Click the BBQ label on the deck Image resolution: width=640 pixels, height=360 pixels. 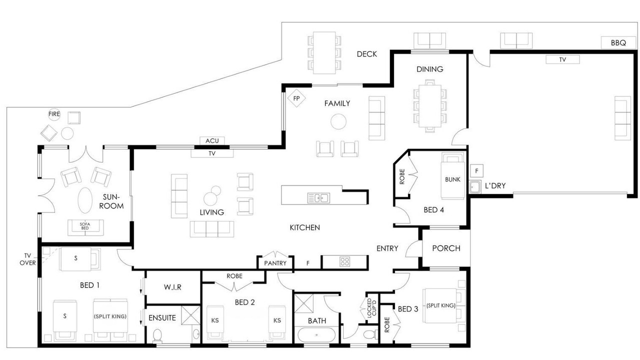[x=618, y=43]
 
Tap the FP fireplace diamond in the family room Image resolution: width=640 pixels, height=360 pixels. [x=296, y=98]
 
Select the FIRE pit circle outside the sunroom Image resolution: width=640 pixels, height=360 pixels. [x=54, y=114]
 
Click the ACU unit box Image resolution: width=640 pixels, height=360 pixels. [x=212, y=140]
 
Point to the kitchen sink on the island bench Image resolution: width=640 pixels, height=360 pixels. [x=318, y=197]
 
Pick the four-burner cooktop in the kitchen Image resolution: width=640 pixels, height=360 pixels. [x=345, y=261]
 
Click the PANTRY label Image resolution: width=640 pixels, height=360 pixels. [x=275, y=263]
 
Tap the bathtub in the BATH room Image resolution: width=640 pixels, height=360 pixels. [x=316, y=335]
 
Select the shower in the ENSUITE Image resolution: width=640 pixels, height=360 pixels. [x=191, y=315]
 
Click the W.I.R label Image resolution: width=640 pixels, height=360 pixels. [x=172, y=287]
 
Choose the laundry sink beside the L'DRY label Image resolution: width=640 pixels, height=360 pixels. [x=475, y=187]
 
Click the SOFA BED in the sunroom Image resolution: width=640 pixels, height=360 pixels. [x=85, y=227]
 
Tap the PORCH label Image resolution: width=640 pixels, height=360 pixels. [x=446, y=248]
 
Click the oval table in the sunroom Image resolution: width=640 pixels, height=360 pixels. [x=85, y=200]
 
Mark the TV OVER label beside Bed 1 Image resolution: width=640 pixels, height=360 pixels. [x=27, y=259]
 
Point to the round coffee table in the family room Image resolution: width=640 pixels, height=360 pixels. [x=338, y=121]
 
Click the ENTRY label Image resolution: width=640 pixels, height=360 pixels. [x=387, y=248]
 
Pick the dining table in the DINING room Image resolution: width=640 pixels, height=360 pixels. [x=430, y=106]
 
